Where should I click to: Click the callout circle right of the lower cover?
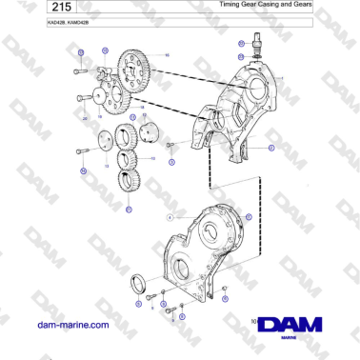point(250,218)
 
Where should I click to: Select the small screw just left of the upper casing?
point(170,145)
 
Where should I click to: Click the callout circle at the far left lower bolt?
point(83,170)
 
